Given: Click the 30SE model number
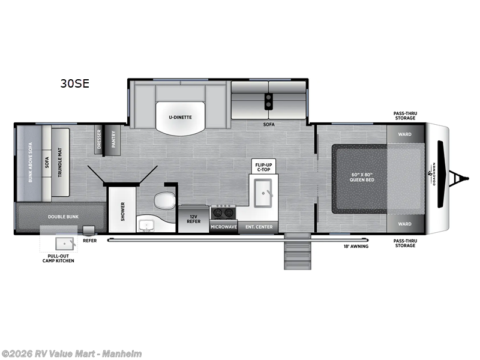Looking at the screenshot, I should pos(74,84).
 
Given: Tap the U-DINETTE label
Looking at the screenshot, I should pos(179,117).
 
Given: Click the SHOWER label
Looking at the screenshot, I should pos(122,211).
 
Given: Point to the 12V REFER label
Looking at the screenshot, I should pos(193,218).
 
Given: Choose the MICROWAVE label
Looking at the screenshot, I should pos(223,227).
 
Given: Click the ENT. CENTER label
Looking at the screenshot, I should pos(259,227).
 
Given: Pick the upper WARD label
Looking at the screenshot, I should pos(405,134).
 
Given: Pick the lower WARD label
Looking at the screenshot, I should pos(405,224).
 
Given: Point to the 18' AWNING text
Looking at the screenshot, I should pos(356,247).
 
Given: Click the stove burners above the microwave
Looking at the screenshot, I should pos(223,212).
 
